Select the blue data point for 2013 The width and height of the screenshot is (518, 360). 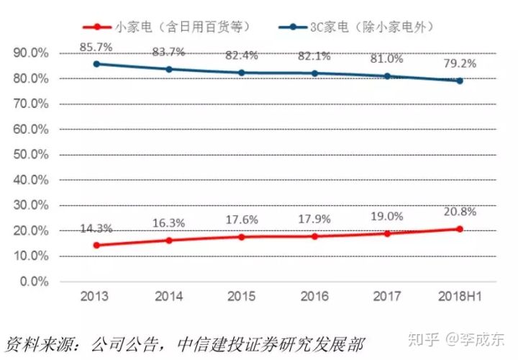(x=96, y=64)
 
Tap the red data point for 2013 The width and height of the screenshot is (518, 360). (x=96, y=245)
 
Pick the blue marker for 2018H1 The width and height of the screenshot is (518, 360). (x=459, y=81)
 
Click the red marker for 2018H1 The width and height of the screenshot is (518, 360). (x=459, y=229)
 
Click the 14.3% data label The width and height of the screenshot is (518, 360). (x=96, y=228)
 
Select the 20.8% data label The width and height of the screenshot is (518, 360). (x=459, y=213)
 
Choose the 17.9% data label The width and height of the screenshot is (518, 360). (x=314, y=220)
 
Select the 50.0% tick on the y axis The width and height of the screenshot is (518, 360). (x=28, y=155)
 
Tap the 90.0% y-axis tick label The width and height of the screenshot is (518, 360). (x=28, y=53)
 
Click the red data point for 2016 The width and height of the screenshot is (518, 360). (x=314, y=236)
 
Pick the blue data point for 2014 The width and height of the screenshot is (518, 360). (x=169, y=69)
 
